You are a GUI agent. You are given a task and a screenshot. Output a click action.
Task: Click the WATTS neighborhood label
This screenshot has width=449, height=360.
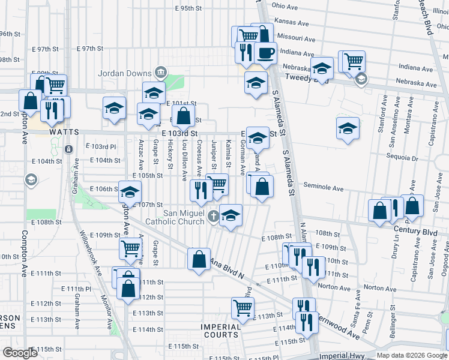(65, 131)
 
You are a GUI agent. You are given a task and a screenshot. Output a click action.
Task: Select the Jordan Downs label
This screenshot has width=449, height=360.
(125, 74)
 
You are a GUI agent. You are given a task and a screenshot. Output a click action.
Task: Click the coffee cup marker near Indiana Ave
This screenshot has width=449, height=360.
(265, 52)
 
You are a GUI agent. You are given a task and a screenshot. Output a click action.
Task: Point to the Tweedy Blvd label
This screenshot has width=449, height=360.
(304, 77)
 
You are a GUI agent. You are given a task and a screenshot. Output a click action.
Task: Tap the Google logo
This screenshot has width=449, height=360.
(20, 353)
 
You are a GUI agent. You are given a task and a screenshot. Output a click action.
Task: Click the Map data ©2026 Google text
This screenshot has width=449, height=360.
(412, 355)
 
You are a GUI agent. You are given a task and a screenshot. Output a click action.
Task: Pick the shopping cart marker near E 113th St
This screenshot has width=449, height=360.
(243, 308)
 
